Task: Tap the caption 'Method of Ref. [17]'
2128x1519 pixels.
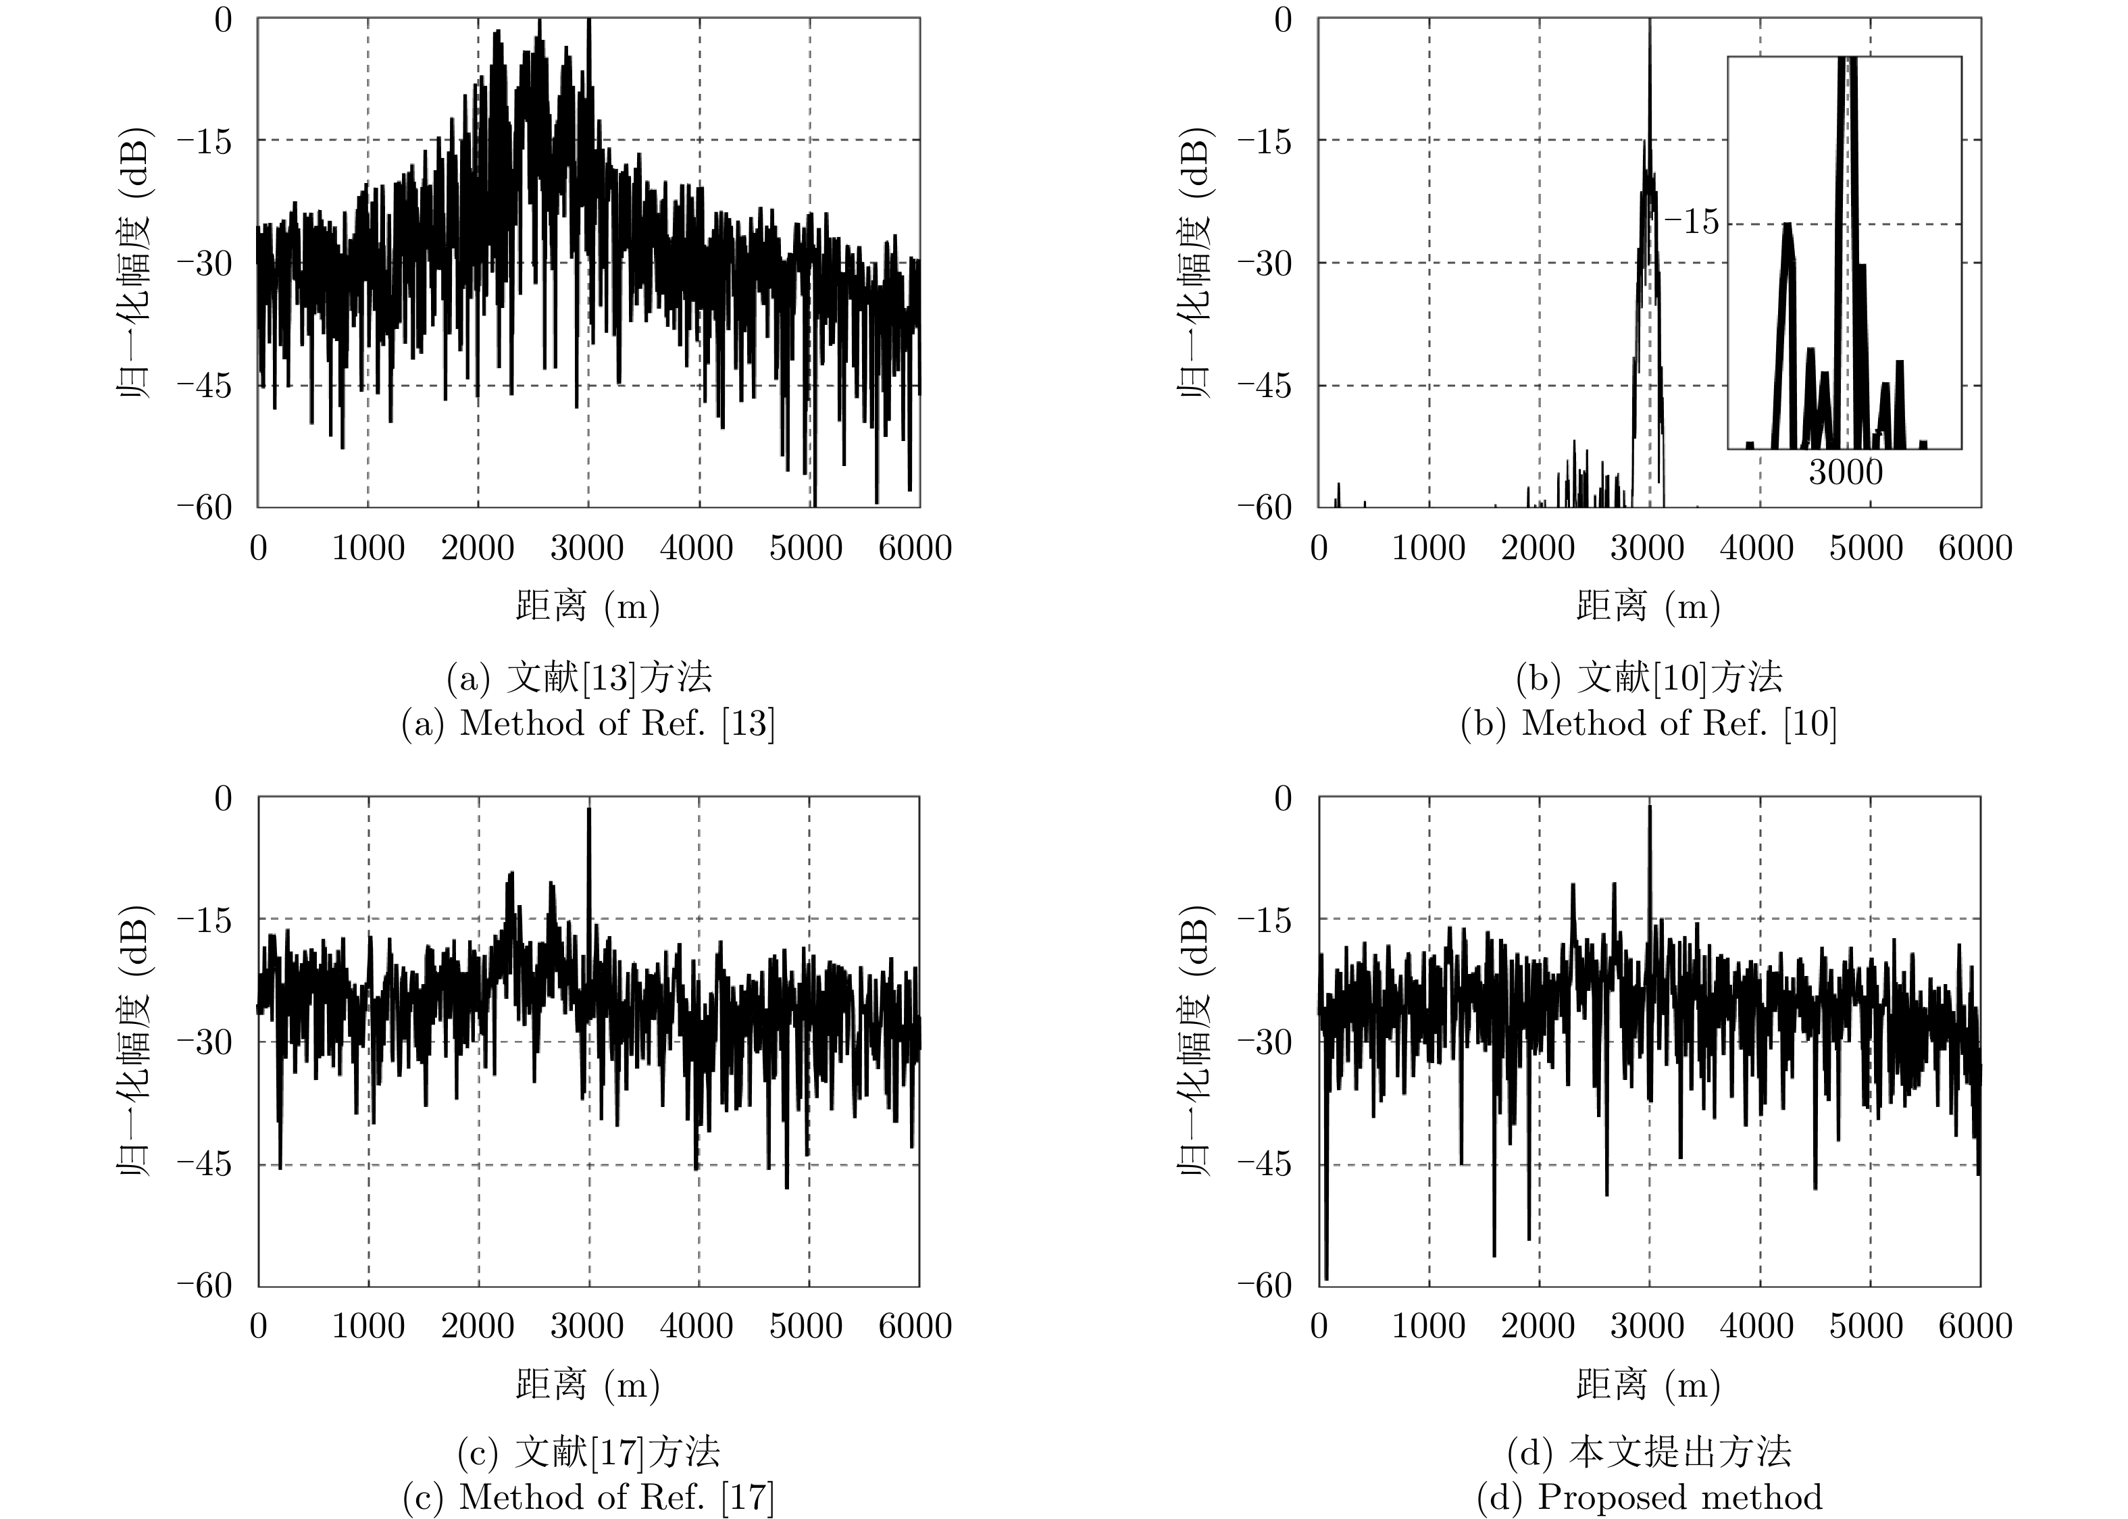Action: pyautogui.click(x=588, y=1497)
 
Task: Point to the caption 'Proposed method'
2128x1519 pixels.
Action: pyautogui.click(x=1648, y=1497)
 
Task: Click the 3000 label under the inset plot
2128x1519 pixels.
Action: pyautogui.click(x=1844, y=472)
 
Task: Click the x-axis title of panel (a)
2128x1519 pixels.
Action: pyautogui.click(x=588, y=606)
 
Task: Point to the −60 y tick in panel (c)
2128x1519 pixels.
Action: pyautogui.click(x=204, y=1285)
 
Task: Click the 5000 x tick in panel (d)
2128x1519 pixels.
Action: pyautogui.click(x=1866, y=1327)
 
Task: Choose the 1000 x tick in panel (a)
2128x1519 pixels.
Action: pyautogui.click(x=368, y=548)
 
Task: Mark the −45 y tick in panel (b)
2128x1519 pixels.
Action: pyautogui.click(x=1264, y=386)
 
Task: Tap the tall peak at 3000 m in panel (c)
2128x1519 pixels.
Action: pyautogui.click(x=588, y=814)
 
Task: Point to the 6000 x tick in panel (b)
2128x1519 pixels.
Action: pyautogui.click(x=1975, y=548)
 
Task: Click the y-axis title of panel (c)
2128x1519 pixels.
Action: pyautogui.click(x=134, y=1040)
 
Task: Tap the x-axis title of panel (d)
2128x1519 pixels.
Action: pyautogui.click(x=1648, y=1383)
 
